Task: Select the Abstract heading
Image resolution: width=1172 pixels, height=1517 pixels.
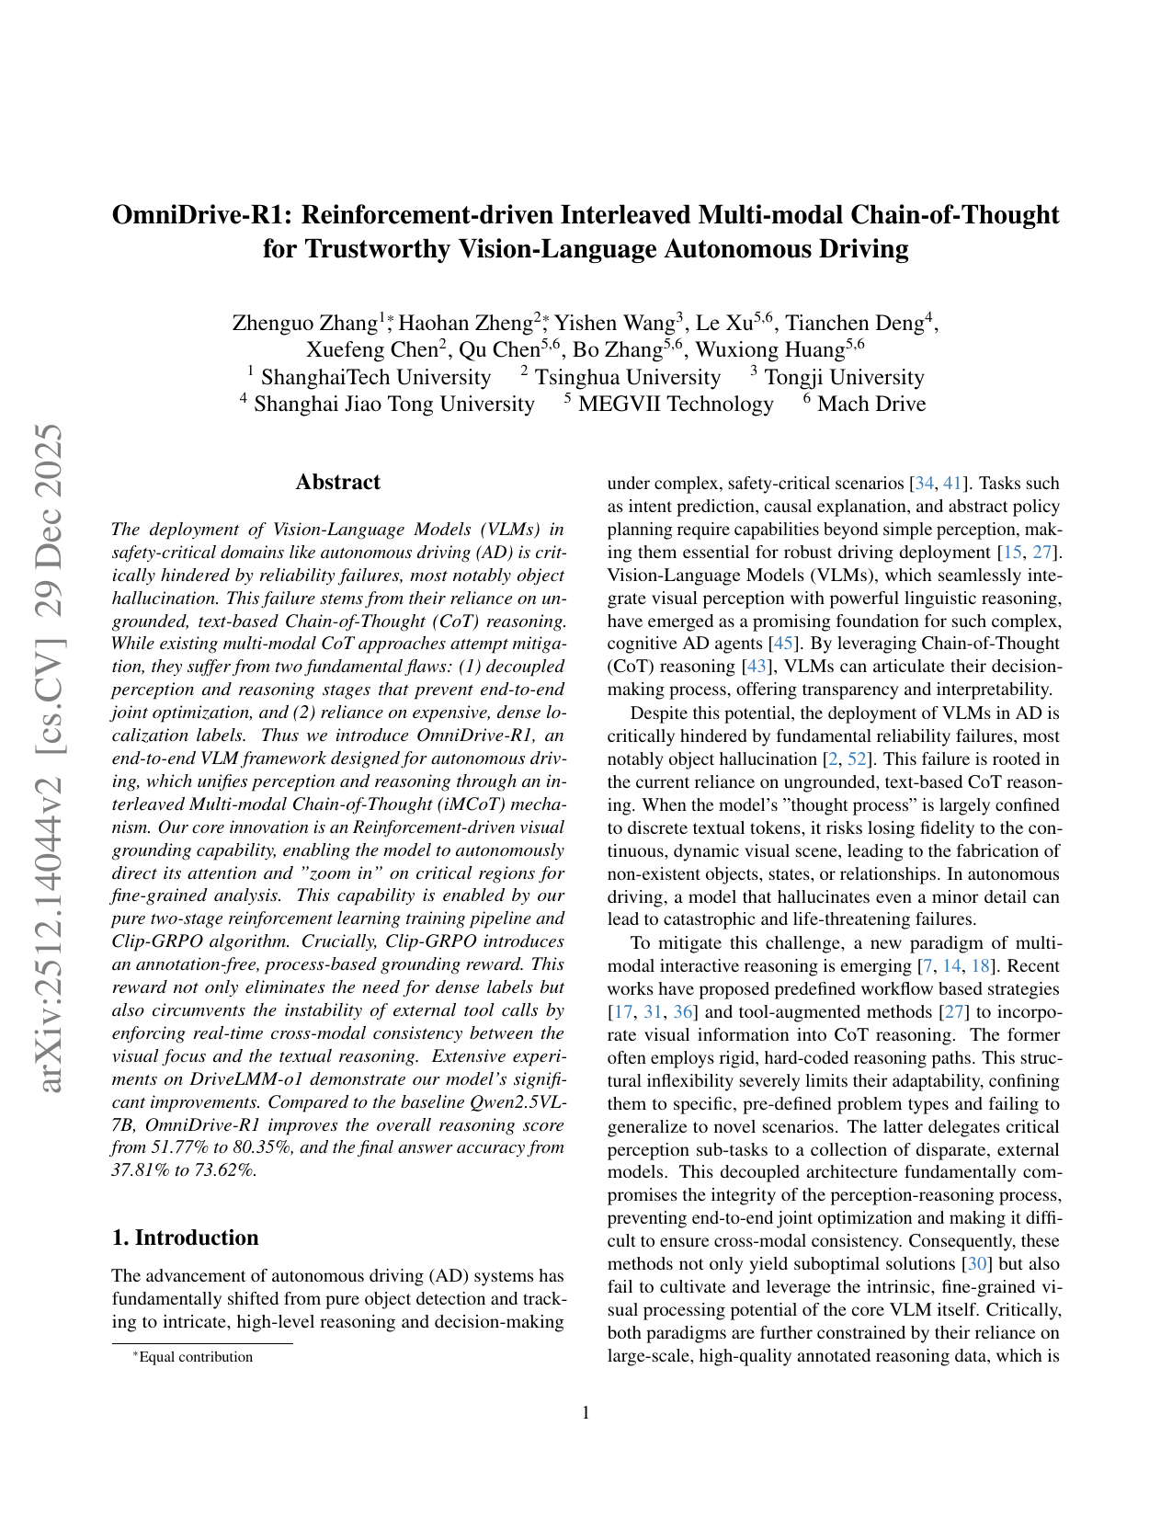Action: [x=337, y=483]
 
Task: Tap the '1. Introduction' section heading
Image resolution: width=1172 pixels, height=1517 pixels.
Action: [x=185, y=1238]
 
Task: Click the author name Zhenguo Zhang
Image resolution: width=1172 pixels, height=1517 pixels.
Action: [x=305, y=323]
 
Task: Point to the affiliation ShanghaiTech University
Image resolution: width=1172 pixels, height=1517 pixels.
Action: [x=375, y=377]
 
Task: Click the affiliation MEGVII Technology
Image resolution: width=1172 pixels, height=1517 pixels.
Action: [x=676, y=405]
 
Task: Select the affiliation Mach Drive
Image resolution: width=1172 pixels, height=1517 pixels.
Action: [x=870, y=405]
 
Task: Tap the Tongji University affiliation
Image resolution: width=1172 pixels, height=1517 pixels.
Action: [x=844, y=377]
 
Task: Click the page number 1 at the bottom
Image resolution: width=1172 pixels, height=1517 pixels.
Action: [x=586, y=1413]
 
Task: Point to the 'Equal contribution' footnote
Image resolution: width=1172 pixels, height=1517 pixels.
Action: [x=195, y=1357]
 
